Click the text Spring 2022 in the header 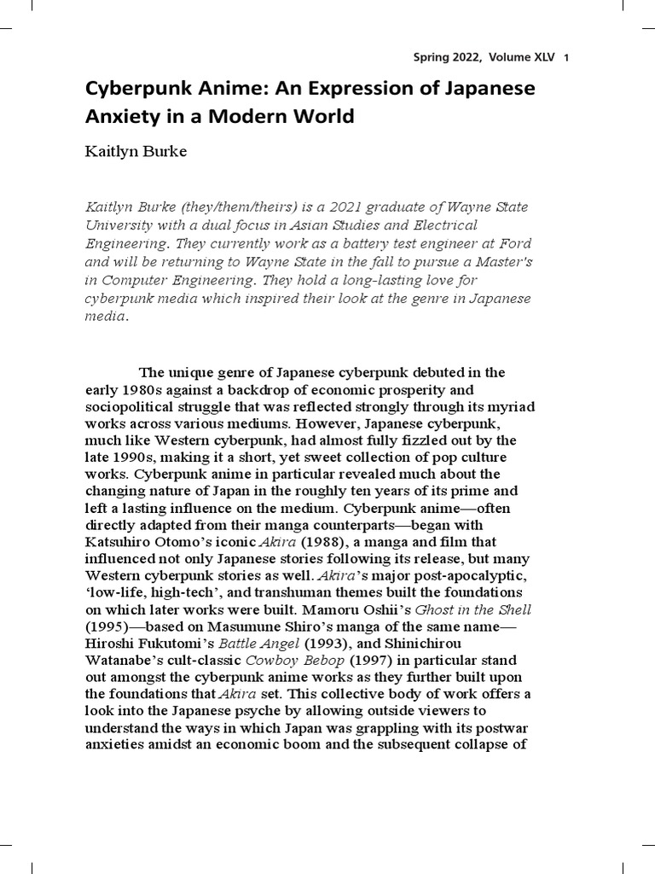coord(443,58)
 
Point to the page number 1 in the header coord(565,58)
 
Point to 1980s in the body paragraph coord(143,389)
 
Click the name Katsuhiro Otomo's coord(147,542)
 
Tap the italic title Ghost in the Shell coord(473,610)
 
